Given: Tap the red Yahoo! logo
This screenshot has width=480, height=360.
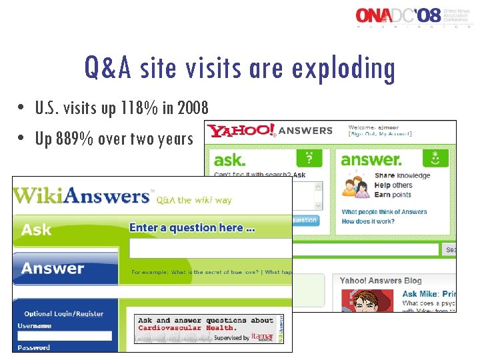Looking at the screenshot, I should pos(241,131).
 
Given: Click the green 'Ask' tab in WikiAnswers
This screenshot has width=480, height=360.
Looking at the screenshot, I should pos(37,230).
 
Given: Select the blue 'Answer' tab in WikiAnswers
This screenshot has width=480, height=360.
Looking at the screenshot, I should pos(53,269).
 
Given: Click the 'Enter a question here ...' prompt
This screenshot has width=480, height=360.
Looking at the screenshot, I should pos(192,228).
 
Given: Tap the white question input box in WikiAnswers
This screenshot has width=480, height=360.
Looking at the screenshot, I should pos(210,249).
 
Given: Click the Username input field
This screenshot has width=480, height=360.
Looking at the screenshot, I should pos(65,336).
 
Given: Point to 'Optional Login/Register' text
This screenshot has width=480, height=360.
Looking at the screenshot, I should pos(64,313).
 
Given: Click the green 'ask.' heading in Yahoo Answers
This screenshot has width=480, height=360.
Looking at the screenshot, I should pos(230,160).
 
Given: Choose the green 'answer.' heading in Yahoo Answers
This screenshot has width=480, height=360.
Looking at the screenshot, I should pos(371,160).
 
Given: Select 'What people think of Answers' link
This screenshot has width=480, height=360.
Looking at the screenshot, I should pos(384,212).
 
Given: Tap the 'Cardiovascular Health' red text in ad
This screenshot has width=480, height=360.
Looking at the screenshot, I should pos(186,328).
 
